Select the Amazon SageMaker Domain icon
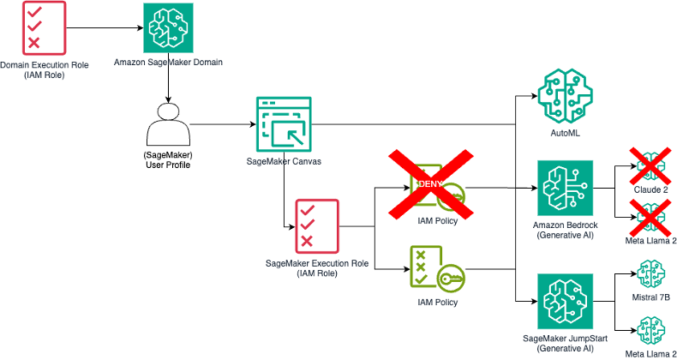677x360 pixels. [167, 28]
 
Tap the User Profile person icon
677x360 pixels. [168, 128]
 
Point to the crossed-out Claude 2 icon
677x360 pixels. [651, 165]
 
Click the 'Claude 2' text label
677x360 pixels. [651, 189]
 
